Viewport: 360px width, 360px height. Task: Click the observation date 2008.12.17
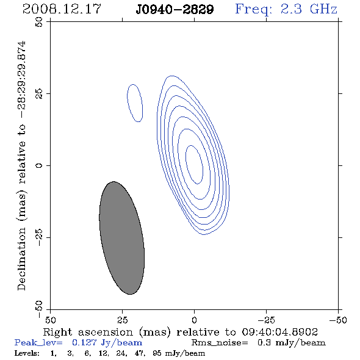62,9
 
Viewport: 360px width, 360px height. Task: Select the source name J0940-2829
175,10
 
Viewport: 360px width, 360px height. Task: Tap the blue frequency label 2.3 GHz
309,9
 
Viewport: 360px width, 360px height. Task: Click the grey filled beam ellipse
121,238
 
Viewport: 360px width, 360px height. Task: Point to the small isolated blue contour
135,103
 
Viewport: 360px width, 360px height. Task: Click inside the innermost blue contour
194,165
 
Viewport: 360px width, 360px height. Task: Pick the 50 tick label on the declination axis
39,22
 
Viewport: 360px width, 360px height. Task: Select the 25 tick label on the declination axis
39,94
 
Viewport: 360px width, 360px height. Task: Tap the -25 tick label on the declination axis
39,237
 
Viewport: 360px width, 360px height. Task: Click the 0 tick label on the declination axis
39,165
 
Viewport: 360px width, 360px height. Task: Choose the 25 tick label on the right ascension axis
122,320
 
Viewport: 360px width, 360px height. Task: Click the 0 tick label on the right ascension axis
194,320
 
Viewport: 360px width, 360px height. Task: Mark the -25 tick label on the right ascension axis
266,320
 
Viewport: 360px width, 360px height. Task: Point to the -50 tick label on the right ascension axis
338,320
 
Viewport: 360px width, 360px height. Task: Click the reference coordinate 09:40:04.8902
280,332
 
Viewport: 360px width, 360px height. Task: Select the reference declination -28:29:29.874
23,79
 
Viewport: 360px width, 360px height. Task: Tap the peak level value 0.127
84,343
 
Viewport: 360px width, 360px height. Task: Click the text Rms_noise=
220,343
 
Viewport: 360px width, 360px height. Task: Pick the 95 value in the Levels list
157,353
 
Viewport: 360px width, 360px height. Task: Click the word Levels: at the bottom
27,353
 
